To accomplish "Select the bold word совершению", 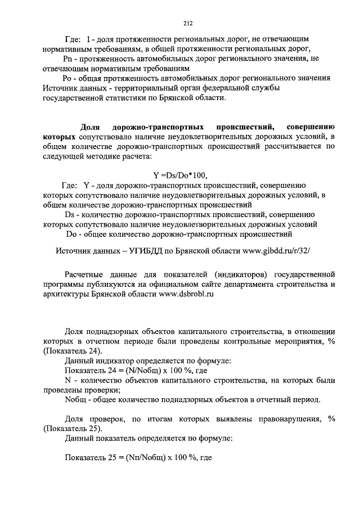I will (x=310, y=127).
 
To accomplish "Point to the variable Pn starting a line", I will (x=69, y=58).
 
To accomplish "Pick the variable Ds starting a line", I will (x=70, y=214).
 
